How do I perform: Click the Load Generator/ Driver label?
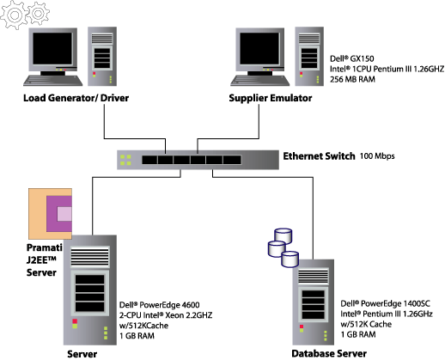(76, 98)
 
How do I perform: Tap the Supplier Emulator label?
(271, 98)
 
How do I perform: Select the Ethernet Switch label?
(319, 156)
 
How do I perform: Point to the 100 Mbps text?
(377, 156)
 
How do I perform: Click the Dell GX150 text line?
(352, 58)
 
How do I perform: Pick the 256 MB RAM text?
(352, 79)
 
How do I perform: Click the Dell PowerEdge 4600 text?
(160, 305)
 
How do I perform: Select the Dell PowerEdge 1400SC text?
(386, 303)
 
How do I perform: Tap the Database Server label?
(329, 354)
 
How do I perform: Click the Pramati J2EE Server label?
(44, 259)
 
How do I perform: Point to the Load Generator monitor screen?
(52, 48)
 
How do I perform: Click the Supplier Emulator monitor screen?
(259, 48)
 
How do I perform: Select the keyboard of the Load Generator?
(53, 81)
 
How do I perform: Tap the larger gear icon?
(14, 15)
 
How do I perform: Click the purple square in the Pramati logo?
(59, 214)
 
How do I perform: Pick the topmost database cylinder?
(283, 235)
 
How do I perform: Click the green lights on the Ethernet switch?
(125, 160)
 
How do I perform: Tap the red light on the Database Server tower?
(302, 326)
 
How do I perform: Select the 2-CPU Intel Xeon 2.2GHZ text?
(166, 315)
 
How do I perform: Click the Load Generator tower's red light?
(94, 74)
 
